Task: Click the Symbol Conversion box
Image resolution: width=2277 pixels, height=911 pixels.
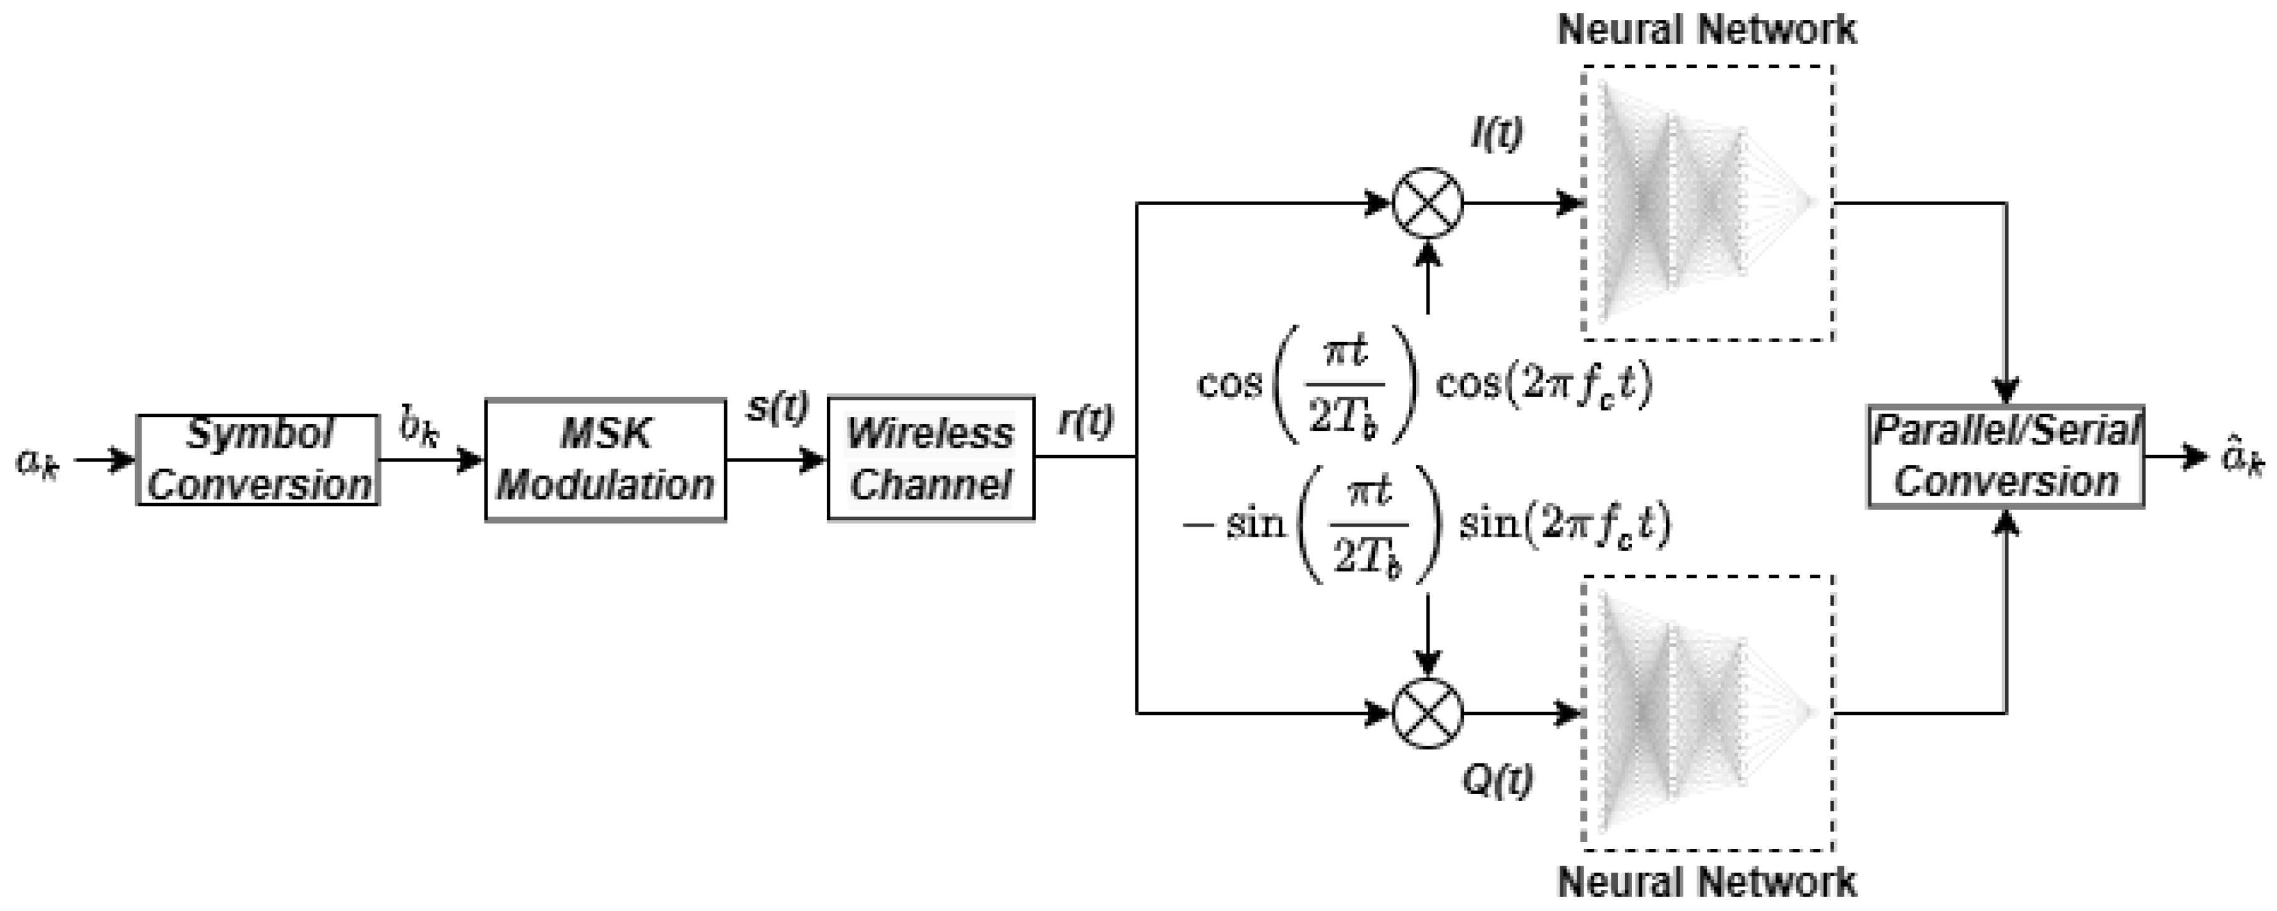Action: (x=257, y=460)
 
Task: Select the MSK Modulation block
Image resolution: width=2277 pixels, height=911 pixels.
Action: (x=605, y=460)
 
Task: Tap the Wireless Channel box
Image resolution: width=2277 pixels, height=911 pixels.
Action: (x=931, y=458)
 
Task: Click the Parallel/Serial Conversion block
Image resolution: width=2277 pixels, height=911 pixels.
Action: (x=2005, y=457)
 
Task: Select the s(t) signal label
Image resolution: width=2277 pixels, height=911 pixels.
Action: (x=777, y=408)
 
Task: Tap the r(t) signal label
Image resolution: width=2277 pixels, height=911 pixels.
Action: (x=1086, y=422)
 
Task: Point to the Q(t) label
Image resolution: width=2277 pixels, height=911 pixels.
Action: (x=1497, y=780)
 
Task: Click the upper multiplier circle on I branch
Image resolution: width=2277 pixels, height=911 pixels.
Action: (x=1428, y=203)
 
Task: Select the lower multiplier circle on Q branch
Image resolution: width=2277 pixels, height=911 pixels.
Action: (x=1428, y=712)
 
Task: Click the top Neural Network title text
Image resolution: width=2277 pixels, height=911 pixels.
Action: (x=1706, y=30)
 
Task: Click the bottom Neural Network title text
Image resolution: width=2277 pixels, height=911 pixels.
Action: (x=1706, y=882)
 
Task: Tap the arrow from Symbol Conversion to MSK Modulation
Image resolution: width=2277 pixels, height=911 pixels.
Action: (x=431, y=460)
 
